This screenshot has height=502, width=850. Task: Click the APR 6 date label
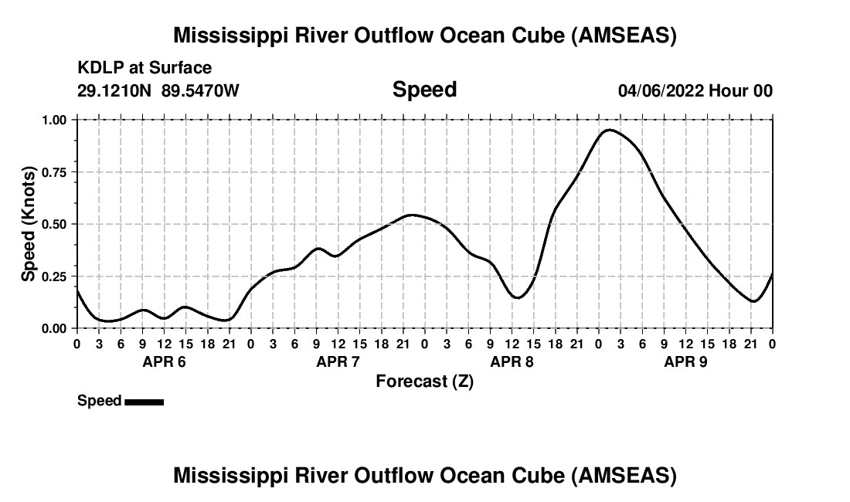point(163,361)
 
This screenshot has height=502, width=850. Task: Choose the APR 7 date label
point(338,361)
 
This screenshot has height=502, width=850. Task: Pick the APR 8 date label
point(512,361)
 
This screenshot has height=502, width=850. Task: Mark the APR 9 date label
point(685,361)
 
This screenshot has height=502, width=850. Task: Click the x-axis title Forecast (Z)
point(424,381)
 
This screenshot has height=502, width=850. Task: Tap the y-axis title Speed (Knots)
point(29,223)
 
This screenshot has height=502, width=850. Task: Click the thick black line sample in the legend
point(144,402)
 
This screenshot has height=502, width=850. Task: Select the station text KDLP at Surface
point(144,69)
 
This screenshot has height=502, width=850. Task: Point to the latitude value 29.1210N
point(115,90)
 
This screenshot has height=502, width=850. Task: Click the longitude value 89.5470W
point(200,90)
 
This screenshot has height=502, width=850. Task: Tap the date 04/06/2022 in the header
point(661,90)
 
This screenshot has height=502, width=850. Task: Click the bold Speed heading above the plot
point(424,90)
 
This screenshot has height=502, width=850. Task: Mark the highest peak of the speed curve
point(609,130)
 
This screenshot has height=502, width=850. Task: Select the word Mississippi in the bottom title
point(232,476)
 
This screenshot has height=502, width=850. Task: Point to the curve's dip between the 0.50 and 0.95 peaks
point(518,297)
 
